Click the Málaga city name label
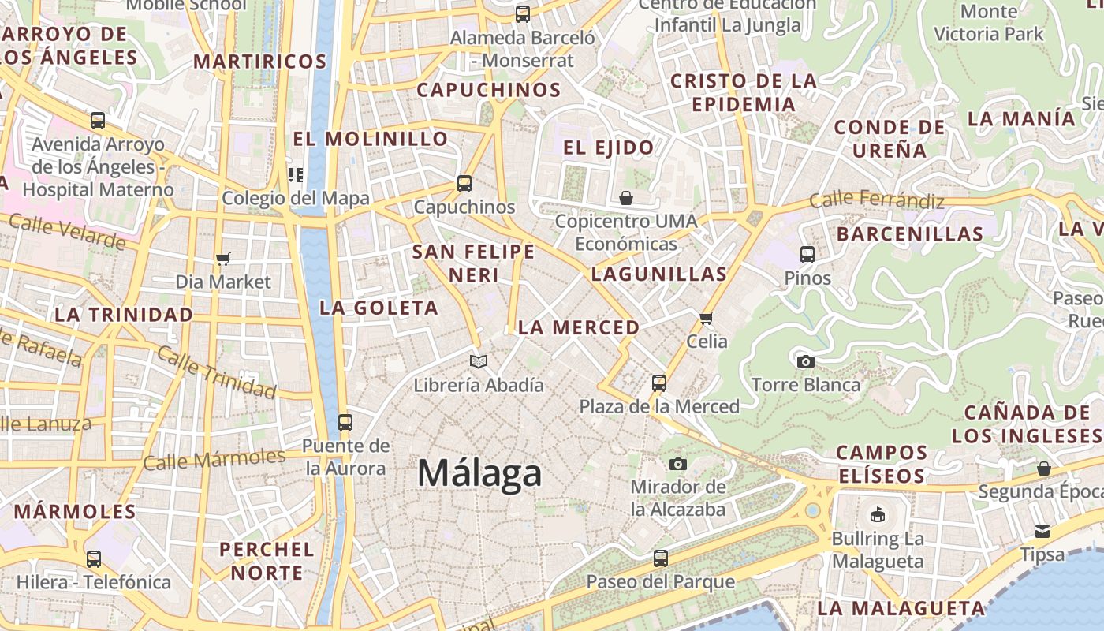point(479,473)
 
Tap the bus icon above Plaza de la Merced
point(659,383)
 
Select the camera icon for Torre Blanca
point(805,361)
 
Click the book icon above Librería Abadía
point(479,361)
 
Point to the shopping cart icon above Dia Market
point(223,259)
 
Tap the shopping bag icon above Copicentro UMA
point(626,197)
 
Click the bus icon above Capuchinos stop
point(464,184)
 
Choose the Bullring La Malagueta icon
point(877,515)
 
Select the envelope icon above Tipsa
point(1042,531)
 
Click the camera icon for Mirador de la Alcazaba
point(677,464)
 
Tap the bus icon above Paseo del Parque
point(661,558)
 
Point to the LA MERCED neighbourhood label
point(579,327)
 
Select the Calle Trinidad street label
point(217,372)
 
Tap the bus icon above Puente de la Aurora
point(345,422)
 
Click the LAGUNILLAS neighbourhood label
point(658,274)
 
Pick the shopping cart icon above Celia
point(706,318)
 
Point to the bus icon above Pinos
point(807,255)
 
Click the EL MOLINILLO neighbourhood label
point(371,139)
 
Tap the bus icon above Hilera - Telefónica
point(94,559)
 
